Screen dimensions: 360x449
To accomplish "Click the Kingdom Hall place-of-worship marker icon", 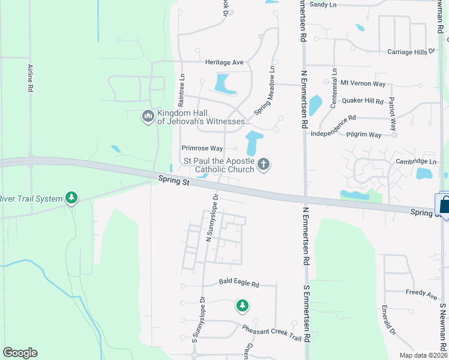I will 148,116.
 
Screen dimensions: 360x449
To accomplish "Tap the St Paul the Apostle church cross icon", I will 263,164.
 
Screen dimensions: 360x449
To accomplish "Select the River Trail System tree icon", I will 71,197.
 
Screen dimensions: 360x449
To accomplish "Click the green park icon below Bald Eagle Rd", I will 242,306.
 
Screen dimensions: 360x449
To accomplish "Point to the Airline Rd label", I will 30,79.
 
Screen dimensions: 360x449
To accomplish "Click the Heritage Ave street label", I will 224,62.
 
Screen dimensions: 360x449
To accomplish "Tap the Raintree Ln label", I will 181,88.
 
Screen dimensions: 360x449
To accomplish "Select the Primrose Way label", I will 202,148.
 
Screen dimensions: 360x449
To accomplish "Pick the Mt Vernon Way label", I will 363,83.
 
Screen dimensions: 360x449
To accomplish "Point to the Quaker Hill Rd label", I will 362,101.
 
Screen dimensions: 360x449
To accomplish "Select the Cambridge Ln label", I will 415,161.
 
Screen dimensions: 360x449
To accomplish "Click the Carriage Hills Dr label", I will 411,52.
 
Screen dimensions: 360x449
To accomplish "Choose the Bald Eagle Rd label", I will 239,283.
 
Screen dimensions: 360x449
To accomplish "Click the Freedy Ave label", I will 421,295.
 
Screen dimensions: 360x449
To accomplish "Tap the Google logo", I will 20,353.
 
